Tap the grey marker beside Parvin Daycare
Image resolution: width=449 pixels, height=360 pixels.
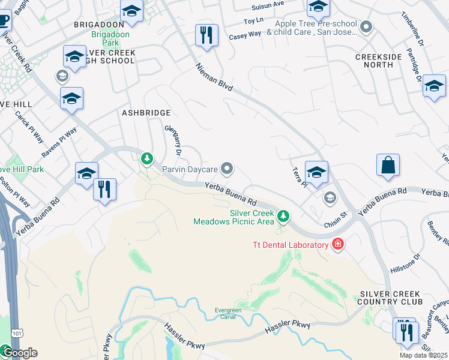click(227, 170)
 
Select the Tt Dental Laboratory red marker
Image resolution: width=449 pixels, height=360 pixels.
click(338, 244)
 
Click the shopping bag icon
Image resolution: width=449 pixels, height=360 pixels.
click(388, 166)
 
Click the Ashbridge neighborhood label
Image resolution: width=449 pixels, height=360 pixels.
click(146, 113)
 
